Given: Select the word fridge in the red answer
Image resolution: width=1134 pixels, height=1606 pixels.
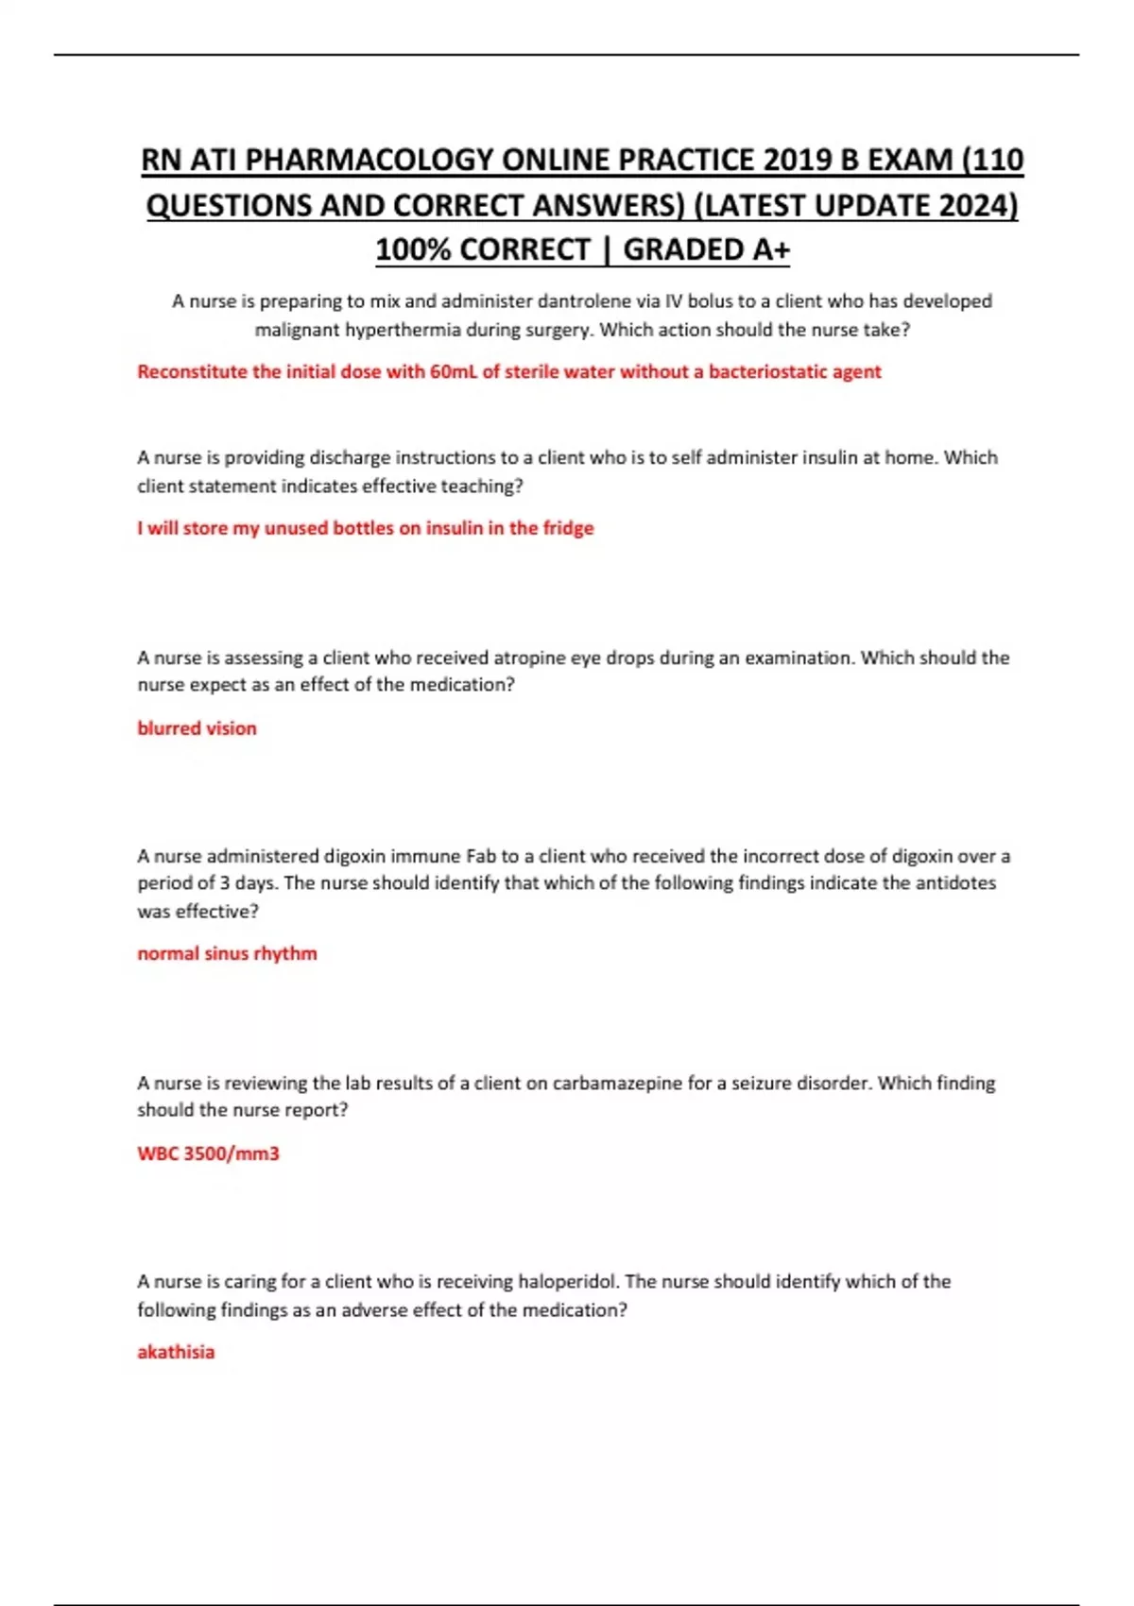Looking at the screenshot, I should tap(568, 528).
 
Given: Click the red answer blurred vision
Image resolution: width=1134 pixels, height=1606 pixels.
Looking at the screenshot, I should tap(197, 728).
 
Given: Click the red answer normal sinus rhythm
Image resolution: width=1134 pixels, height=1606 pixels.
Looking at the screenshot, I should tap(227, 953).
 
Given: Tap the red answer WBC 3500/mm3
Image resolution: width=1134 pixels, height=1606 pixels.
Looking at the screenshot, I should tap(208, 1153).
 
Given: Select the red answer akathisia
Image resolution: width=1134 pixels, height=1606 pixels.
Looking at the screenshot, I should tap(176, 1352).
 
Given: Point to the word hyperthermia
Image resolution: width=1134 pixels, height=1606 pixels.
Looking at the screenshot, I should tap(398, 330).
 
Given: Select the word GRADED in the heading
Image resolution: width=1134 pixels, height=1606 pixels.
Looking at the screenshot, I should tap(682, 249).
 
